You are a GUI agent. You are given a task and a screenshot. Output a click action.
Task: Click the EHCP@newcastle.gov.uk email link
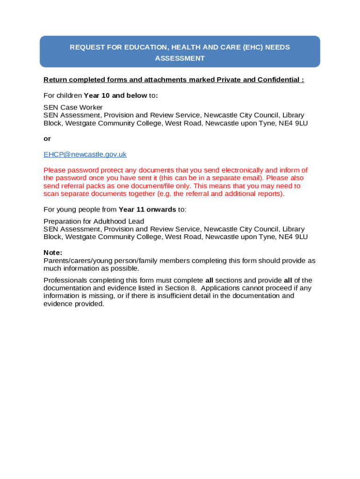pyautogui.click(x=85, y=154)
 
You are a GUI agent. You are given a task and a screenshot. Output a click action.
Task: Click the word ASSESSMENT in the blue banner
pyautogui.click(x=180, y=58)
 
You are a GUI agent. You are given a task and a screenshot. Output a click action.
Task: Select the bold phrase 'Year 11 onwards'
pyautogui.click(x=147, y=210)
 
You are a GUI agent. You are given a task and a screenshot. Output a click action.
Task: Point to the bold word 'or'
pyautogui.click(x=47, y=139)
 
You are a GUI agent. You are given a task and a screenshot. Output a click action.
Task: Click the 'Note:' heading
pyautogui.click(x=53, y=253)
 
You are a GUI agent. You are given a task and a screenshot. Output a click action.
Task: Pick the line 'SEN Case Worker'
pyautogui.click(x=73, y=108)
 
